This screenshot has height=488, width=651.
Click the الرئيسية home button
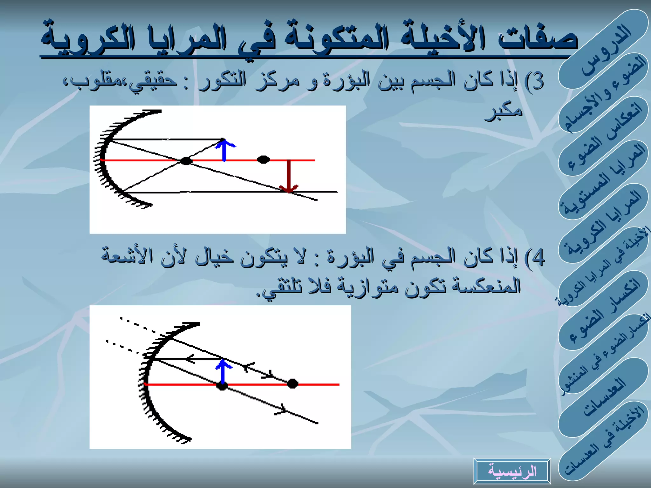(x=512, y=471)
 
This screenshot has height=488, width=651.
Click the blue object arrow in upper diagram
(x=224, y=150)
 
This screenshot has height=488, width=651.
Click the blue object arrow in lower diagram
(x=223, y=372)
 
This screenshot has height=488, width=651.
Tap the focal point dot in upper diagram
(x=186, y=161)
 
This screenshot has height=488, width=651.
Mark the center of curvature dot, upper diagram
(x=263, y=159)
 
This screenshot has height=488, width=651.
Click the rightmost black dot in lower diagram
(x=292, y=384)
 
